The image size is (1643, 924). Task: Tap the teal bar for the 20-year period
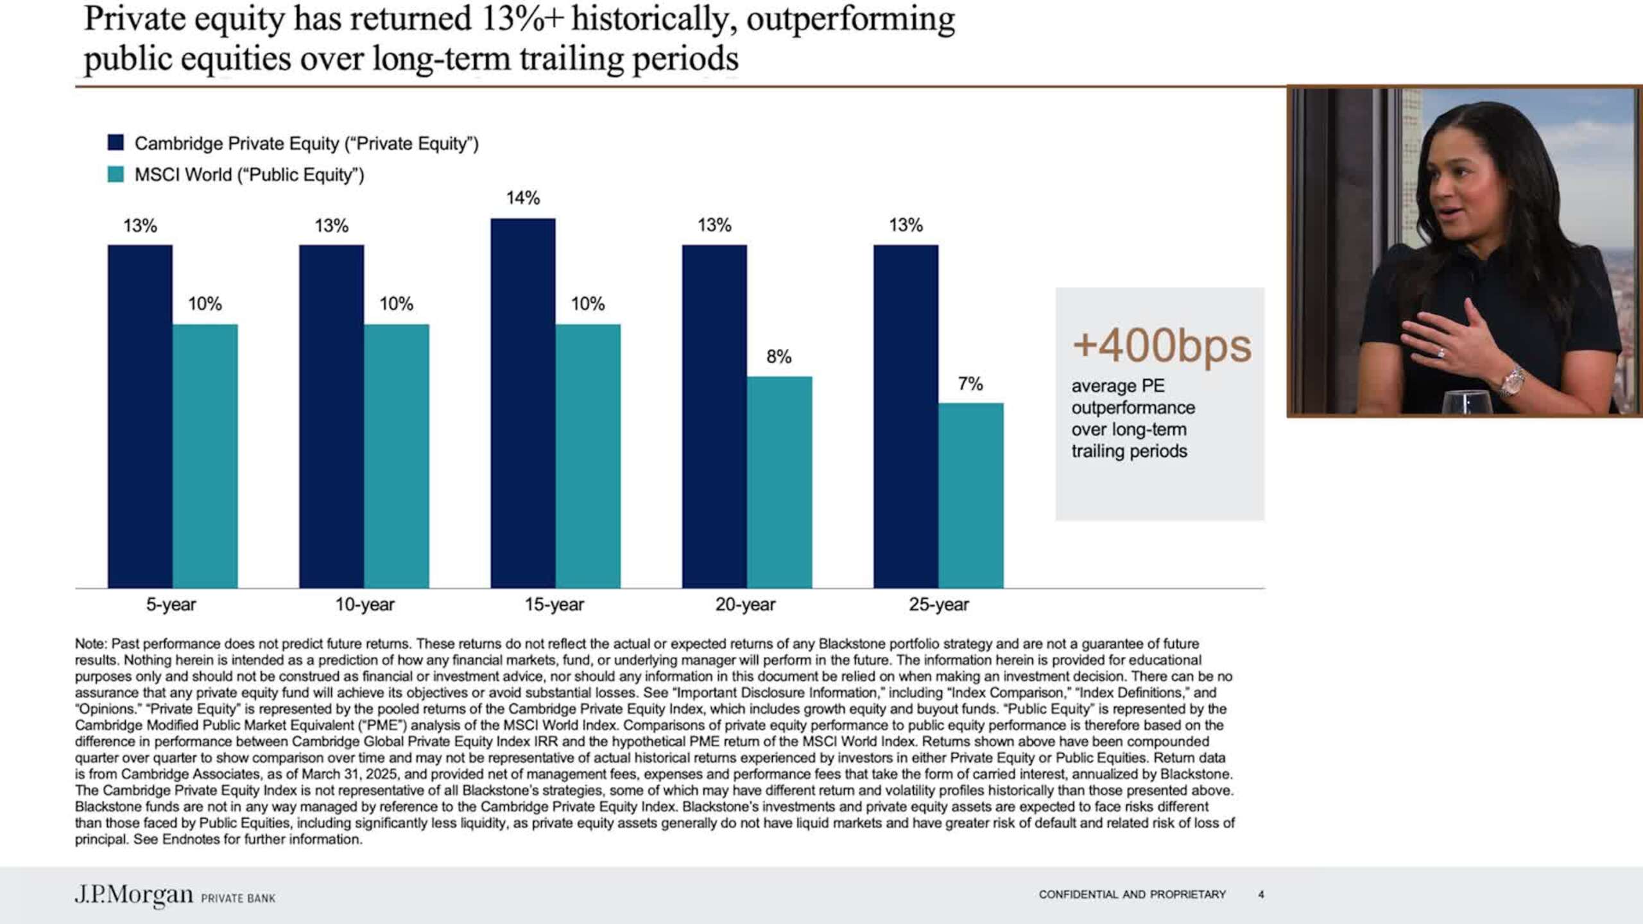pyautogui.click(x=779, y=482)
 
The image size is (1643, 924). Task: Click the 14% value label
pyautogui.click(x=523, y=198)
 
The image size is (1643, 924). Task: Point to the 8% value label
pyautogui.click(x=778, y=357)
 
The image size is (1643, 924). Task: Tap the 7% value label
pyautogui.click(x=970, y=384)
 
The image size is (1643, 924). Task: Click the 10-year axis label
pyautogui.click(x=365, y=604)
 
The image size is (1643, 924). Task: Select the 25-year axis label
pyautogui.click(x=938, y=604)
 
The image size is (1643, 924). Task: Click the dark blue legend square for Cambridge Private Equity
pyautogui.click(x=116, y=142)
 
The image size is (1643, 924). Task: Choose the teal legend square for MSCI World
pyautogui.click(x=116, y=174)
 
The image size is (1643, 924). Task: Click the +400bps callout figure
pyautogui.click(x=1162, y=346)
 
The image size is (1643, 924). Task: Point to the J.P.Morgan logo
pyautogui.click(x=133, y=894)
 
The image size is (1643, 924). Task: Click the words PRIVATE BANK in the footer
pyautogui.click(x=238, y=898)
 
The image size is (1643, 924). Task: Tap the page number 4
pyautogui.click(x=1261, y=894)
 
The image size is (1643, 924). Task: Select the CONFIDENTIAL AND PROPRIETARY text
pyautogui.click(x=1132, y=894)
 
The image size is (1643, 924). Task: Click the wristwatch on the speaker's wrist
pyautogui.click(x=1512, y=381)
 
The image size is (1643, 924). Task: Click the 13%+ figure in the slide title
pyautogui.click(x=521, y=19)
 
